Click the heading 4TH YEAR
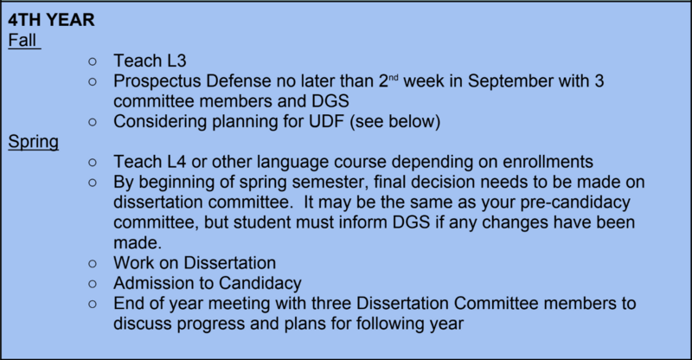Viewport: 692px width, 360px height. (x=51, y=20)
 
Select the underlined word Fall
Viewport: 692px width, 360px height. (x=22, y=40)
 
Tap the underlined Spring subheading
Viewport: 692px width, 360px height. (x=34, y=142)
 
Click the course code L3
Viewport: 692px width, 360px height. (x=176, y=61)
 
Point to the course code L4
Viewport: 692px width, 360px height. (x=176, y=162)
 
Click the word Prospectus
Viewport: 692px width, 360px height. (x=157, y=81)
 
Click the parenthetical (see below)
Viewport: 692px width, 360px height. (x=395, y=121)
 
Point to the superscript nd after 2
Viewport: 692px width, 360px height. (x=394, y=77)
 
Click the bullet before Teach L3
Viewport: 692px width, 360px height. (x=93, y=61)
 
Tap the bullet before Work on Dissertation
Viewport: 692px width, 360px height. (x=93, y=264)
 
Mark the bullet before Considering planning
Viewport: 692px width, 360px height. (x=93, y=122)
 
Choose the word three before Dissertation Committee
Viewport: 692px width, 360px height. (x=331, y=304)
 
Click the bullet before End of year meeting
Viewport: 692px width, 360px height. (x=93, y=305)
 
